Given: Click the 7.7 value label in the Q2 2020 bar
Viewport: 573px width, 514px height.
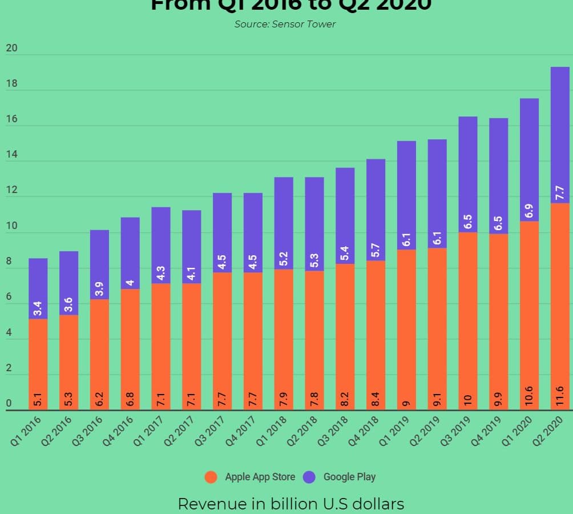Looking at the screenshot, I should point(560,192).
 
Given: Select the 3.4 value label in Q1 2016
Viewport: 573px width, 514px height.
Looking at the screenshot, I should point(38,309).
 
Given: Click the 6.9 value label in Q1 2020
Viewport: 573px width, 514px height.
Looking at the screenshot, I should point(529,211).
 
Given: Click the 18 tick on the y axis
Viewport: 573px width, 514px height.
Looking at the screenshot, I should point(11,84).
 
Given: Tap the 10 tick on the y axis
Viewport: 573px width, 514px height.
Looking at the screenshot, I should point(11,227).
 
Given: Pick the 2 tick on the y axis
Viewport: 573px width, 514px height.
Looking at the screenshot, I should point(9,369).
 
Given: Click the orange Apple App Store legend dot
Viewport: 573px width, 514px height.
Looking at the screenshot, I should point(211,477).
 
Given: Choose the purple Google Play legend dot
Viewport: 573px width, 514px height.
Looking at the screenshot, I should point(309,477).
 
